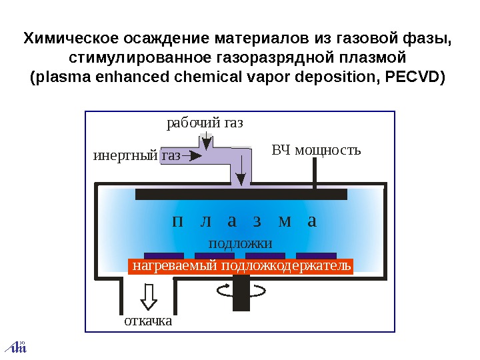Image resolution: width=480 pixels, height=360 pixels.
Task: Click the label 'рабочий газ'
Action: pyautogui.click(x=205, y=123)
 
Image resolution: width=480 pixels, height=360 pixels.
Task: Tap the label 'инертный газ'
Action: pyautogui.click(x=136, y=156)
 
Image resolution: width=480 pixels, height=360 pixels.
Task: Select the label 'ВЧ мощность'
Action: pyautogui.click(x=316, y=150)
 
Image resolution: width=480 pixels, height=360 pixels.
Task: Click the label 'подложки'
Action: pyautogui.click(x=241, y=243)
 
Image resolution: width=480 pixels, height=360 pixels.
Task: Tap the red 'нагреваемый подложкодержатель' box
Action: pyautogui.click(x=241, y=267)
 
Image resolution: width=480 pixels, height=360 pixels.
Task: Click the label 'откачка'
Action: pyautogui.click(x=148, y=321)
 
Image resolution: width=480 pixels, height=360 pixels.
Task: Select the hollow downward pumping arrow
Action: pyautogui.click(x=148, y=295)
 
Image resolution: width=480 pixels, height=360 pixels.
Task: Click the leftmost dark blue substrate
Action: pyautogui.click(x=164, y=255)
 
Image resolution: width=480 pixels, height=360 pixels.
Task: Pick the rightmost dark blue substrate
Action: pyautogui.click(x=316, y=255)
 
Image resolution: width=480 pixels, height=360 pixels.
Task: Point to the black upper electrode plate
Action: pyautogui.click(x=241, y=194)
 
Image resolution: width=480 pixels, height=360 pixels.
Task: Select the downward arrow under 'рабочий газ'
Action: pyautogui.click(x=207, y=142)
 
